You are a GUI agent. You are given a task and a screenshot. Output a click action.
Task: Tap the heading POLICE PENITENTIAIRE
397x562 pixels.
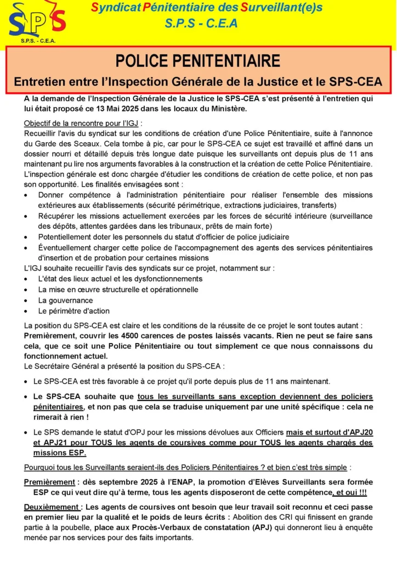pos(198,60)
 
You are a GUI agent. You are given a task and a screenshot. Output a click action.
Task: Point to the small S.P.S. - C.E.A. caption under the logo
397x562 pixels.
pos(38,41)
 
